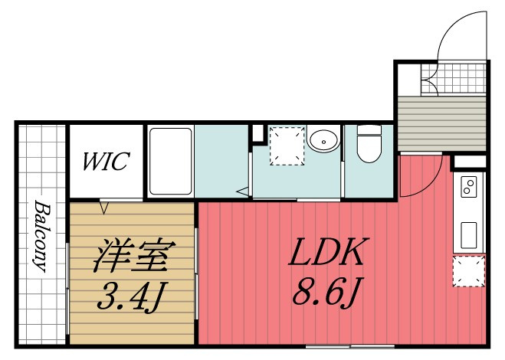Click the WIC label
(x=107, y=161)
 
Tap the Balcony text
(x=43, y=236)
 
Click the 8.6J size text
(x=328, y=292)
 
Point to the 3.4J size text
(x=133, y=296)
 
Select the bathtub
(x=170, y=162)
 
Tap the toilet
(x=369, y=144)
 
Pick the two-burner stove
(x=469, y=187)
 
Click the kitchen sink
(x=469, y=235)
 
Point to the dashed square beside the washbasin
(x=287, y=146)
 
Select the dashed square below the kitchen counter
(x=469, y=271)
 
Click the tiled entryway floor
(x=454, y=79)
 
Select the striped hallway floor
(x=442, y=123)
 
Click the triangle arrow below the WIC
(x=103, y=207)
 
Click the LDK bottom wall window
(x=349, y=346)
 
